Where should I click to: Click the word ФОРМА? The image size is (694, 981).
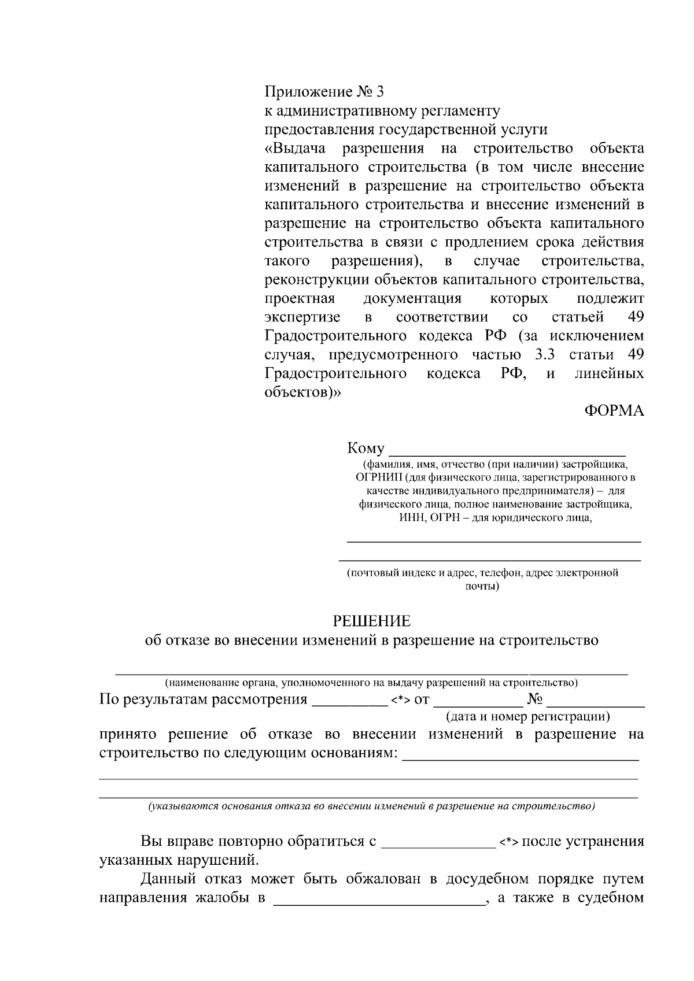pos(614,410)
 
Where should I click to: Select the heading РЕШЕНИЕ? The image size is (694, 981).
pos(371,621)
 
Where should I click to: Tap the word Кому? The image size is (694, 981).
pos(366,449)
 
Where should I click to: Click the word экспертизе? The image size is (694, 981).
pos(302,317)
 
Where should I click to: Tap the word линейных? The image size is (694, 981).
pos(609,373)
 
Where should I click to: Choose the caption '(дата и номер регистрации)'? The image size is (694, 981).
pos(527,717)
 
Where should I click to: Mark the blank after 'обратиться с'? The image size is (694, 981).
pos(438,847)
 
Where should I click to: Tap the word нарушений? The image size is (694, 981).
pos(217,860)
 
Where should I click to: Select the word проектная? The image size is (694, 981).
pos(300,299)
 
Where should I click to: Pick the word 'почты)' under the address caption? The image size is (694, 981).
pos(482,586)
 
